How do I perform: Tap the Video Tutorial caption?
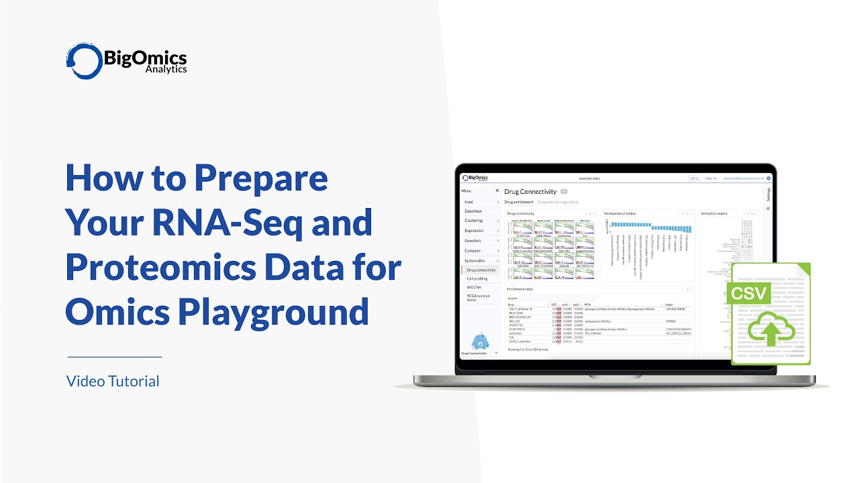click(113, 382)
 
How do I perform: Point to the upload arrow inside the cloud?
click(770, 333)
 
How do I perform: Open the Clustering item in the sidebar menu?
click(474, 221)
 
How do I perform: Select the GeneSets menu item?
click(473, 240)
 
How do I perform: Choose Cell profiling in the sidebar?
click(477, 278)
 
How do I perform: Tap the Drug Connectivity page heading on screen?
click(530, 192)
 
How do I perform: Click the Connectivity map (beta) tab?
click(558, 202)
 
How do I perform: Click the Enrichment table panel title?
click(520, 289)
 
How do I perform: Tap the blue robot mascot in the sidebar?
click(480, 341)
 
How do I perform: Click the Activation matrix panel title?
click(714, 213)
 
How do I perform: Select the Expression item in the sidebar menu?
click(474, 231)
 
